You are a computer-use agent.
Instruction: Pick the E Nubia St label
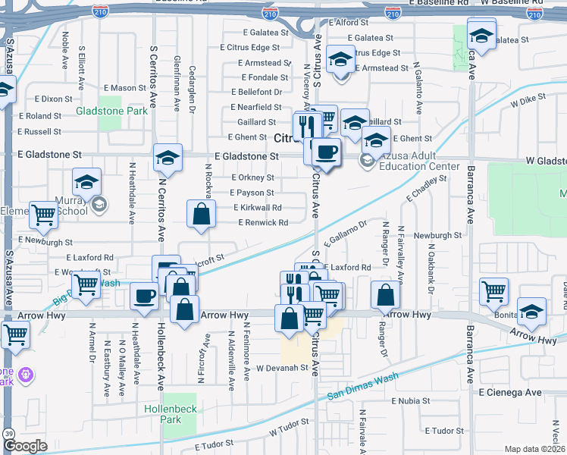click(x=411, y=401)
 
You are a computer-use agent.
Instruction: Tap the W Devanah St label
click(x=284, y=368)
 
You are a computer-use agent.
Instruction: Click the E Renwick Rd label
click(x=263, y=223)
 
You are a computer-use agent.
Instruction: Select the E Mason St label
click(x=121, y=88)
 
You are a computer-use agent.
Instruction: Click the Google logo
click(x=25, y=446)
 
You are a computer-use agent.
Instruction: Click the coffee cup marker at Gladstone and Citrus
click(x=327, y=152)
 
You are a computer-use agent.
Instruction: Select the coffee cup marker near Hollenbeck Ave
click(x=143, y=296)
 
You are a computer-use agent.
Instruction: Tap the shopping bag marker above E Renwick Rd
click(x=201, y=215)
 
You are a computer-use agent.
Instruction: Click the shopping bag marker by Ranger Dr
click(x=386, y=295)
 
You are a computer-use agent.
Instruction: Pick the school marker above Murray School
click(x=87, y=182)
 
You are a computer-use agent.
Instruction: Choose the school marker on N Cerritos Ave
click(x=168, y=157)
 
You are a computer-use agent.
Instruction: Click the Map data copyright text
click(x=534, y=449)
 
